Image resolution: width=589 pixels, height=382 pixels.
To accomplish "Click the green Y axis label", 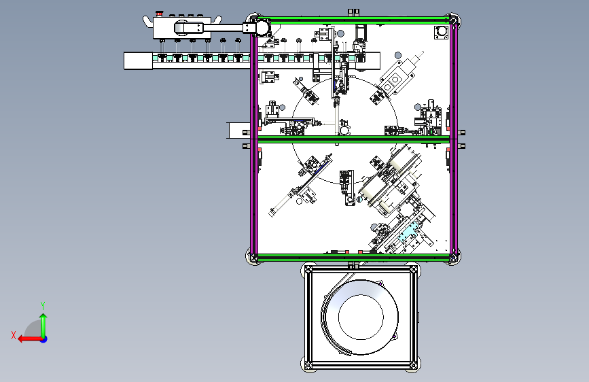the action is [x=43, y=305].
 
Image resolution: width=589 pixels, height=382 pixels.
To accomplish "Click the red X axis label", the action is [x=14, y=335].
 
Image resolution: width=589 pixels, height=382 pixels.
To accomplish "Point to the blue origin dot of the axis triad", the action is [x=44, y=339].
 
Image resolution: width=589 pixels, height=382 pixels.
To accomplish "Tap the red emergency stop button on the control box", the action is [x=159, y=14].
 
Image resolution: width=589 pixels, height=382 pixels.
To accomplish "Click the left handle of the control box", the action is [x=147, y=21].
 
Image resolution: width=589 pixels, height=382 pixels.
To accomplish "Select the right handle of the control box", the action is [x=216, y=21].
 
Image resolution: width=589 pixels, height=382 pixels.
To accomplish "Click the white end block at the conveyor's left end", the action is [x=138, y=61].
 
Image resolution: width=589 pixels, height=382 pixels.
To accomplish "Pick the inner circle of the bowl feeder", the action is [x=361, y=317].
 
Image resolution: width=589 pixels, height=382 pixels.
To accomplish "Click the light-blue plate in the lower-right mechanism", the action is [x=407, y=234].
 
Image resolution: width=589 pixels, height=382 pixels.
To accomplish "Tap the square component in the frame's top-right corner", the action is [x=442, y=32].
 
